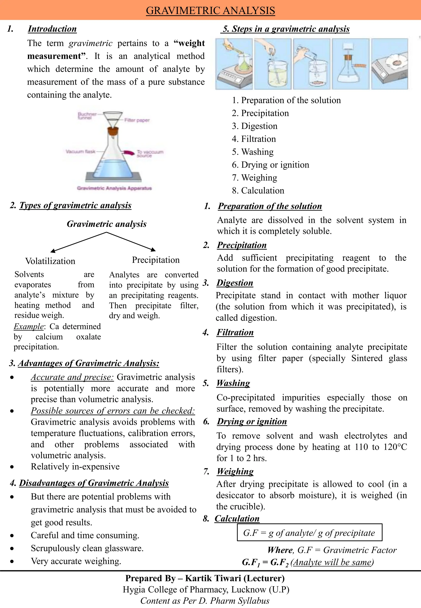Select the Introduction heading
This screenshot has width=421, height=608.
52,29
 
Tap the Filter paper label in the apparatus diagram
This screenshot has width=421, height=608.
137,120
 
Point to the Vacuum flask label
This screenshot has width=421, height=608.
80,152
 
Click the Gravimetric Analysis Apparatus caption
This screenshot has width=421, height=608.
114,188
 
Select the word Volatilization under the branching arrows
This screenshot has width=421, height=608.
50,261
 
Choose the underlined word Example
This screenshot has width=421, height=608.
29,326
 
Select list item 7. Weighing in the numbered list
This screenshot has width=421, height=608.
254,178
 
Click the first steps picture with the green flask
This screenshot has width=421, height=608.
234,64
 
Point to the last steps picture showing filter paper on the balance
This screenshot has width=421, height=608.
390,64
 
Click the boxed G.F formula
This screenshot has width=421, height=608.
309,533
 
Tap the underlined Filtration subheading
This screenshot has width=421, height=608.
235,332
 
